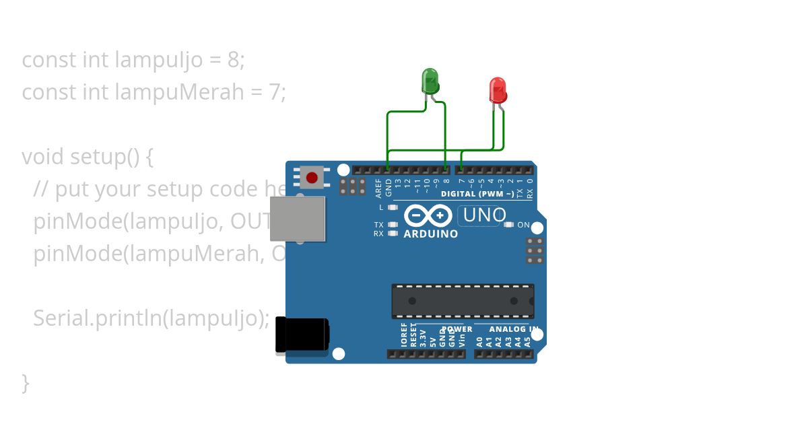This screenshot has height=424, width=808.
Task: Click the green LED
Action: [430, 81]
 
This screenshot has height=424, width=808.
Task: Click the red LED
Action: [498, 90]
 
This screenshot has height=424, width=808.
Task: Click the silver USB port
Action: [298, 219]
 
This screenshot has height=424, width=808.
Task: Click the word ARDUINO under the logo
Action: [430, 234]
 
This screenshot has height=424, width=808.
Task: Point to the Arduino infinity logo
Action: [428, 215]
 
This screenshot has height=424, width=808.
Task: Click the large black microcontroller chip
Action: [463, 301]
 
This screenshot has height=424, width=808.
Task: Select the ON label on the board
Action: [523, 225]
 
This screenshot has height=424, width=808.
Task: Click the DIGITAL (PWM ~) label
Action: [477, 194]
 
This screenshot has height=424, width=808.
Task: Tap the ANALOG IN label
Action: [513, 329]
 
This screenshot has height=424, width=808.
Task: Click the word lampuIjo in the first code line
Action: [158, 60]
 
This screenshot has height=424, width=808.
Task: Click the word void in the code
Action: [43, 157]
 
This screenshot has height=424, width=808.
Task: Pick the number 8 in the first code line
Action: [233, 60]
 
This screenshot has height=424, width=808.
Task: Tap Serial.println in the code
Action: [95, 318]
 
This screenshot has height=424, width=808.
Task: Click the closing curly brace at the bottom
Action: [26, 382]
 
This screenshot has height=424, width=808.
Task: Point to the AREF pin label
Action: [379, 188]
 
